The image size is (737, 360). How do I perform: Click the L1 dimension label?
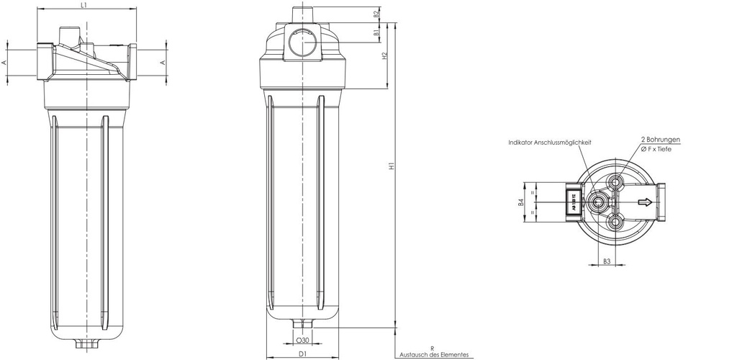tap(84, 5)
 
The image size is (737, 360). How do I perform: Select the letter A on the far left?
tap(4, 63)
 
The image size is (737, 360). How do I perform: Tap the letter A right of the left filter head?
tap(163, 63)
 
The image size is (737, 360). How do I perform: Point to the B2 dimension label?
tap(376, 14)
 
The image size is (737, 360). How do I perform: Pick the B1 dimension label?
tap(376, 33)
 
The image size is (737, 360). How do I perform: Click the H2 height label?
tap(386, 56)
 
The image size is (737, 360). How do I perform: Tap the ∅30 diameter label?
tap(303, 340)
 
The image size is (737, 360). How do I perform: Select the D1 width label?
tap(303, 354)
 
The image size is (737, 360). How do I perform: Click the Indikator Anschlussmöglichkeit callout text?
tap(549, 143)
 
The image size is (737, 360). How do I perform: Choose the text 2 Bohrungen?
tap(660, 140)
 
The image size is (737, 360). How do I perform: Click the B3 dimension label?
tap(607, 261)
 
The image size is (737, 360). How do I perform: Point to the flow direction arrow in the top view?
tap(646, 203)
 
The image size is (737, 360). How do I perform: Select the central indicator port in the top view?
tap(598, 203)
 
